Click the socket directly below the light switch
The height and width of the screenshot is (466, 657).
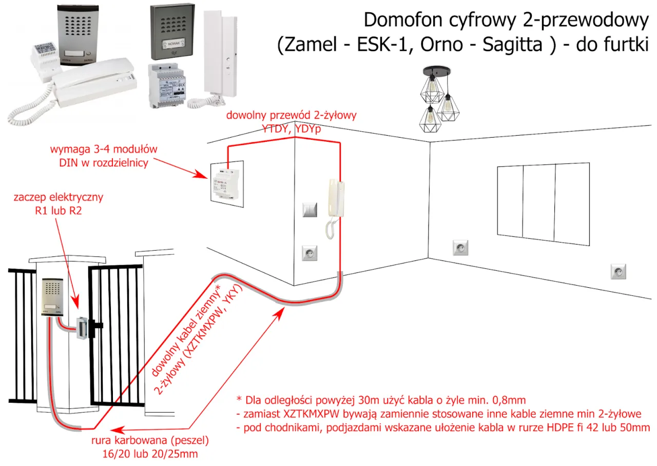(x=310, y=253)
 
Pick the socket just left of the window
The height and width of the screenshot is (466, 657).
(x=460, y=248)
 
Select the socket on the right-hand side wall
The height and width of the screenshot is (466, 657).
(x=618, y=271)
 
